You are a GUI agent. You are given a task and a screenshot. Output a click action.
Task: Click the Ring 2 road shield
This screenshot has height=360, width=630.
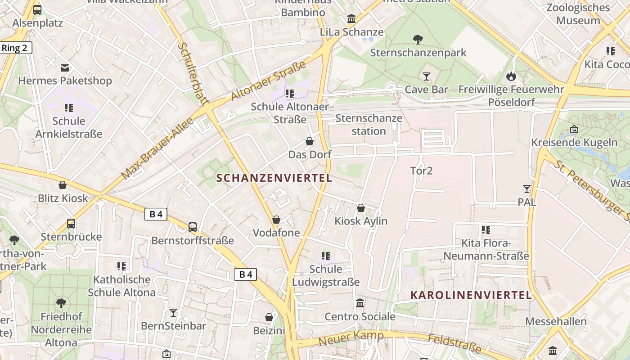(15, 48)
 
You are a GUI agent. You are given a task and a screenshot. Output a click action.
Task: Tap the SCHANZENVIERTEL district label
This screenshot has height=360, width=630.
(274, 178)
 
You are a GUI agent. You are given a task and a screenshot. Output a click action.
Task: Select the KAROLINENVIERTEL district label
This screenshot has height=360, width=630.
(471, 296)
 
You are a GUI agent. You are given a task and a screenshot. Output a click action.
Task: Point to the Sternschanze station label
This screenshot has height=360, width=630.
(369, 125)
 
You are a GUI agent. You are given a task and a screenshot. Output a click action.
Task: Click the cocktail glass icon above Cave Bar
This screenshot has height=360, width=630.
(427, 76)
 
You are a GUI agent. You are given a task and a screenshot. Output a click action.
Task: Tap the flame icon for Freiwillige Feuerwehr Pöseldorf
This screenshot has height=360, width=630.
(511, 76)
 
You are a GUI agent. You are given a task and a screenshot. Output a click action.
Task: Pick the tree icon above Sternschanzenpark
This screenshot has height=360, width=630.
(418, 40)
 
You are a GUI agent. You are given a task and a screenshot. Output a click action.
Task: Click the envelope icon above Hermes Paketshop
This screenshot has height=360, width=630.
(65, 68)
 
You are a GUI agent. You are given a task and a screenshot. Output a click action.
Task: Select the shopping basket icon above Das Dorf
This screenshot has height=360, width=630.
(310, 141)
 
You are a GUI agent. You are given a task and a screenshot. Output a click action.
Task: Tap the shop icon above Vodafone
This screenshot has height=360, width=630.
(276, 220)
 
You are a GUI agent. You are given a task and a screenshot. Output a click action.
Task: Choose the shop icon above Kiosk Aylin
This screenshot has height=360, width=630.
(360, 208)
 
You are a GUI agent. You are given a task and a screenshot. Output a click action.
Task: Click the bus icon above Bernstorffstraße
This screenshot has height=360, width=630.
(193, 227)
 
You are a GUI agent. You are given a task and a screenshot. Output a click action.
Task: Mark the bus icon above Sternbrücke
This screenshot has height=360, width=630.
(71, 224)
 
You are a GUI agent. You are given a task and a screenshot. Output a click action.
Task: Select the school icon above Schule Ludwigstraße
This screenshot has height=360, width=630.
(326, 256)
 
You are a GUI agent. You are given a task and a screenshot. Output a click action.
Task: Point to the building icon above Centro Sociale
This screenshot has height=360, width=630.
(360, 303)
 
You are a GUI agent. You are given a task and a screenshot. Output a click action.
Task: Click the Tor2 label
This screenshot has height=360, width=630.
(421, 171)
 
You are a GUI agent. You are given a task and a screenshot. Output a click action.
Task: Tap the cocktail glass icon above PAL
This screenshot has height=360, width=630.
(526, 189)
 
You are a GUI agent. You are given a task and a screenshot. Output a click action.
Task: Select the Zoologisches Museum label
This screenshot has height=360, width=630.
(578, 14)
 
